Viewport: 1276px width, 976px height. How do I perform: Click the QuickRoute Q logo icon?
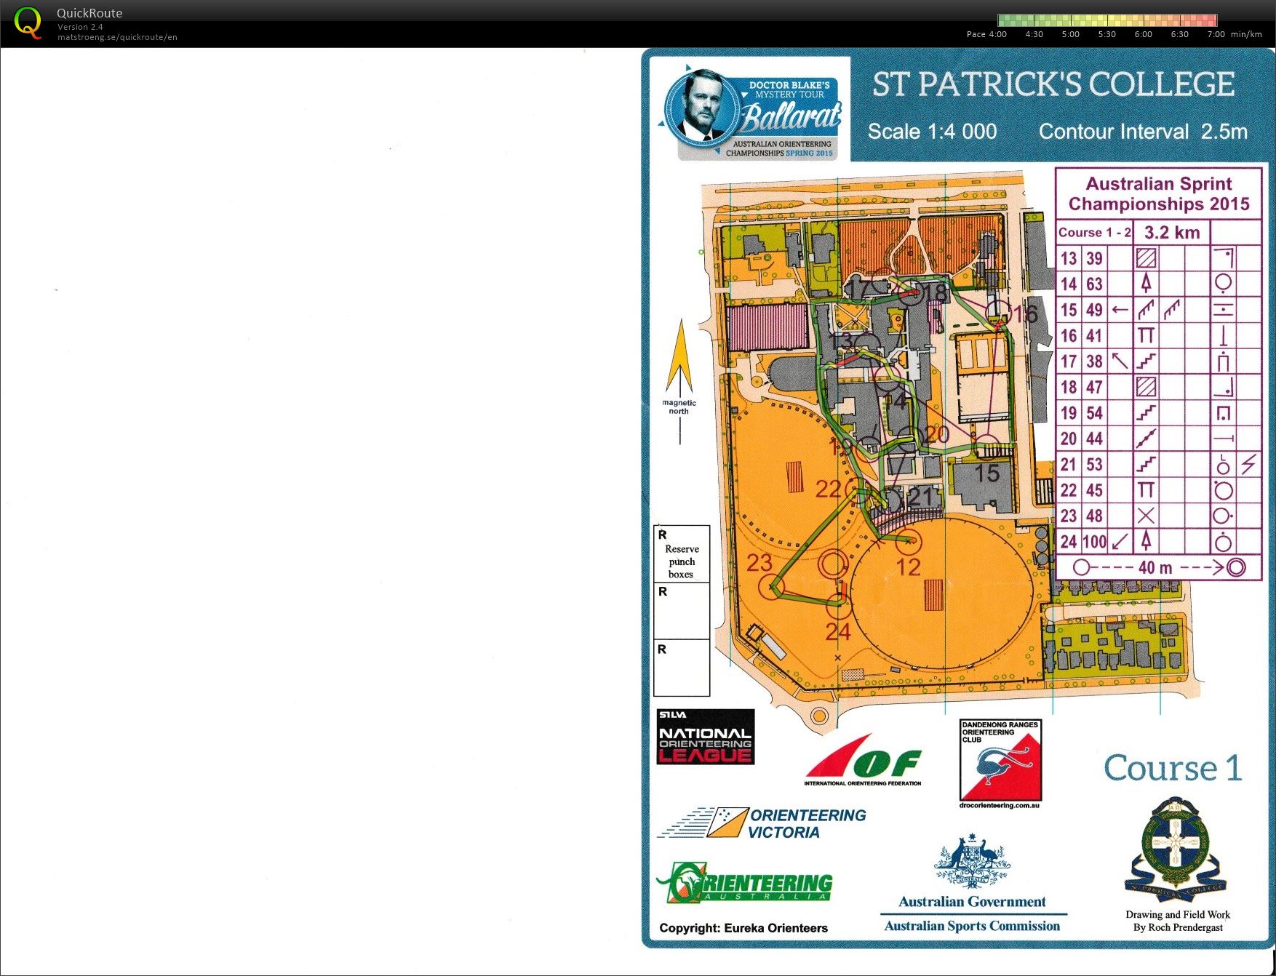(28, 23)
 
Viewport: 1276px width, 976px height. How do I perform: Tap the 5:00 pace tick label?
(1070, 34)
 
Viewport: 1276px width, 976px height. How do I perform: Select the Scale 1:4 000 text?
(932, 132)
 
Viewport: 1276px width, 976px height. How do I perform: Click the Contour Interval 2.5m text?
(1142, 132)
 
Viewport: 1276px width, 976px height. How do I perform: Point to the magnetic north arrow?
(679, 364)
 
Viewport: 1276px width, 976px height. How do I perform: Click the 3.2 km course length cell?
(1171, 233)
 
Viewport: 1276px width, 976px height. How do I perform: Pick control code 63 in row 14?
(1094, 284)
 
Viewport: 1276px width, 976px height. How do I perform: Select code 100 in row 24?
(1094, 542)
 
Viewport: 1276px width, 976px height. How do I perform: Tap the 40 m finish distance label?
(1155, 568)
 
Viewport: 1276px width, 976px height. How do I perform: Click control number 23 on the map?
(759, 562)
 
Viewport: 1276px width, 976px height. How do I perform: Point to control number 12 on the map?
(908, 567)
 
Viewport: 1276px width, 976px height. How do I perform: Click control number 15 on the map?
(986, 473)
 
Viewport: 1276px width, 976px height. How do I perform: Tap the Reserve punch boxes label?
(682, 561)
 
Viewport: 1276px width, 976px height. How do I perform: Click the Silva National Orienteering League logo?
(705, 737)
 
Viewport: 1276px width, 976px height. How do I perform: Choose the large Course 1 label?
(1172, 768)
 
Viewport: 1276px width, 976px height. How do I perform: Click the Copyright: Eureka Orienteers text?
(743, 928)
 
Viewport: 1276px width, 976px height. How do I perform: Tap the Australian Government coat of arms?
(972, 863)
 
